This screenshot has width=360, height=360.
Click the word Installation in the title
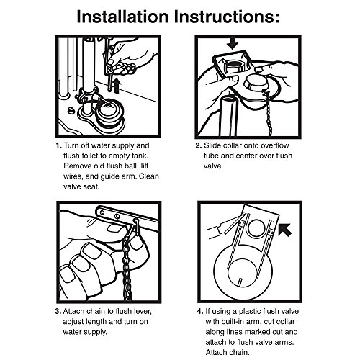tap(122, 17)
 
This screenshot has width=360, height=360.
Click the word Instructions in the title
tap(227, 17)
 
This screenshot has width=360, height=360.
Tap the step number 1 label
tap(59, 145)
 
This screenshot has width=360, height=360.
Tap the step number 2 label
tap(199, 145)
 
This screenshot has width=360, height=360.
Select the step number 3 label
tap(58, 312)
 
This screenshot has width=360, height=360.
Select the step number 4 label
tap(200, 312)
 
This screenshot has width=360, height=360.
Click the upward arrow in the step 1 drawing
tap(117, 86)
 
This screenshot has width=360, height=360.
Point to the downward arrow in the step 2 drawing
tap(233, 44)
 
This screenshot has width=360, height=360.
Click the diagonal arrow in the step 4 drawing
tap(285, 230)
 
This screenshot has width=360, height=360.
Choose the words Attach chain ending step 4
tap(228, 353)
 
